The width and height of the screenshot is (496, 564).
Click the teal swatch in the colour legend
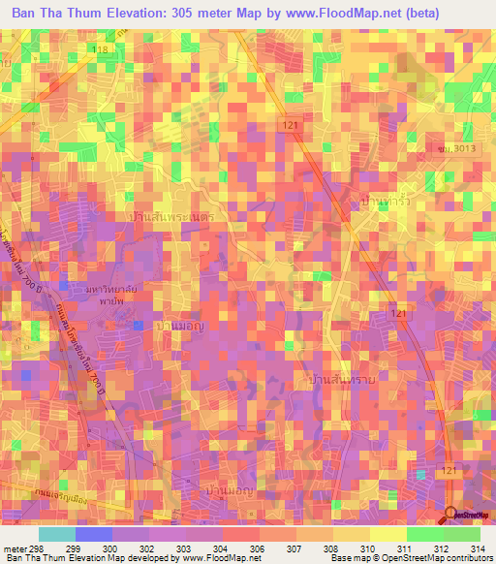click(57, 534)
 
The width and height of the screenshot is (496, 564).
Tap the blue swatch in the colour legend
click(94, 534)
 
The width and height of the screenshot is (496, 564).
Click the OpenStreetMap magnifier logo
click(451, 515)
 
